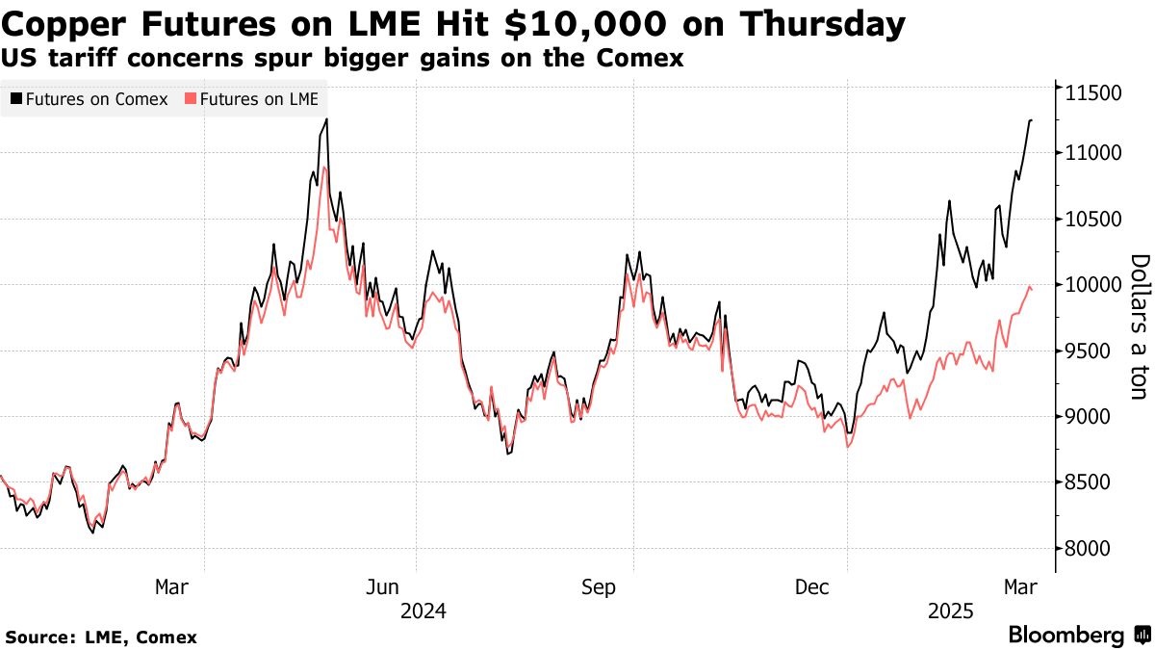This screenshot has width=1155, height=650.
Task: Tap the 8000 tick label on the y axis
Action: [1091, 548]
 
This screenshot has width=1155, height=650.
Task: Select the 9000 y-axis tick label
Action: [1091, 417]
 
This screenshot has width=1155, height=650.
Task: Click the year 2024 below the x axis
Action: [423, 611]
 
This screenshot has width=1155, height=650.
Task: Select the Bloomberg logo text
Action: [1066, 635]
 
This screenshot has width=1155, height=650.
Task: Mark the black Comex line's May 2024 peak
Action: [326, 119]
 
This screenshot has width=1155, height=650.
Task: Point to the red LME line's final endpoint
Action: [1032, 289]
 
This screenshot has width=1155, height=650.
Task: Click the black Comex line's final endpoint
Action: [1032, 120]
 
